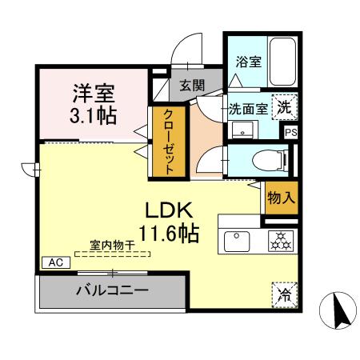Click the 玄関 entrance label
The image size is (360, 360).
tap(191, 85)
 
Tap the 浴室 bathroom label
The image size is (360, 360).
tap(247, 62)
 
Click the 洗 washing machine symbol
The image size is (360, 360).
tap(284, 105)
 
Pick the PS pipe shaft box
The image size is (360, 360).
tap(290, 133)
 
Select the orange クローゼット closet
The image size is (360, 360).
tap(170, 141)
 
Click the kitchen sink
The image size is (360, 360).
tap(238, 239)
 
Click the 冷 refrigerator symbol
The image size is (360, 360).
tap(283, 294)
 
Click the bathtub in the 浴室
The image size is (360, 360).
tap(283, 62)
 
